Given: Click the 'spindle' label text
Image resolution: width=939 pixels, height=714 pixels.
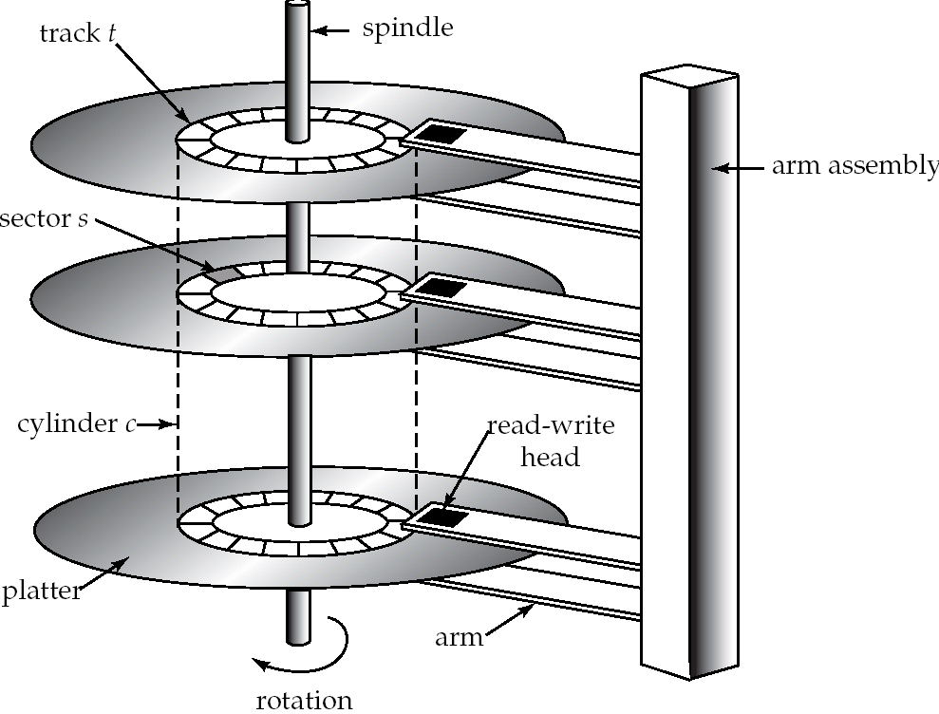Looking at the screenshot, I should click(407, 28).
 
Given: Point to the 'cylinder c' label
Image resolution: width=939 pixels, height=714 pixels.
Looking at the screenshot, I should click(76, 423).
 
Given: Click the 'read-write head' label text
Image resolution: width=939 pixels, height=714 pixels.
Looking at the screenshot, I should click(550, 442).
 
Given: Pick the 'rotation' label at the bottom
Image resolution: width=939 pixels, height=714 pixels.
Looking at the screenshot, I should click(304, 701).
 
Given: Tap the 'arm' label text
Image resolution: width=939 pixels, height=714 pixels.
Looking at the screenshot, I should click(460, 637).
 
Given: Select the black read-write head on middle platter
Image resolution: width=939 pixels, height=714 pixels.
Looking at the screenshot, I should click(441, 288).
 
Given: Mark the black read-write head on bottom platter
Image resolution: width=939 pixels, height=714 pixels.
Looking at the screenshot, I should click(442, 517).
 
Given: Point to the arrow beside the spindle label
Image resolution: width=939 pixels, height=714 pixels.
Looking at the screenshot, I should click(332, 30).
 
